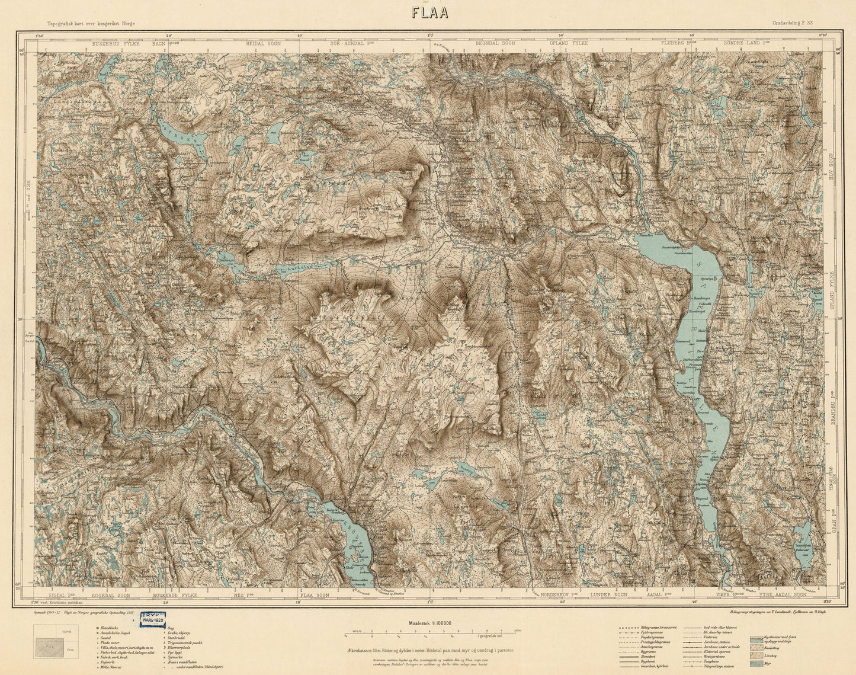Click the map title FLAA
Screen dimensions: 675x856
coord(427,13)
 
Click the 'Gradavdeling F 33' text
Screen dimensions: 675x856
coord(796,24)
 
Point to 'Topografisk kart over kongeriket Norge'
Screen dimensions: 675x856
coord(96,23)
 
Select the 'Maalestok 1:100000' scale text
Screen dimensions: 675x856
coord(430,623)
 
